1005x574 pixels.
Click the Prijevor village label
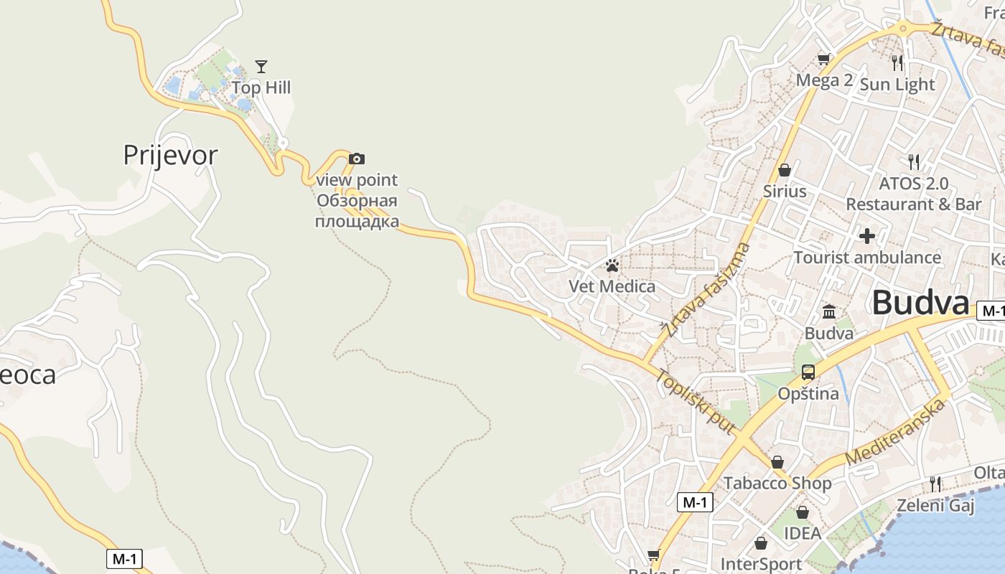pyautogui.click(x=170, y=155)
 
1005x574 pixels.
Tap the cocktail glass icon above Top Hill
pyautogui.click(x=261, y=67)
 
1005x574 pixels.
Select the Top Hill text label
pyautogui.click(x=261, y=88)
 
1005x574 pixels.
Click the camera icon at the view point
pyautogui.click(x=357, y=159)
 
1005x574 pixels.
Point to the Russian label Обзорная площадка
pyautogui.click(x=357, y=211)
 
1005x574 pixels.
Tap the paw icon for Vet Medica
pyautogui.click(x=612, y=266)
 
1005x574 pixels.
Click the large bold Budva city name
pyautogui.click(x=920, y=303)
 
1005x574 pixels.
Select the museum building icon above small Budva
pyautogui.click(x=829, y=312)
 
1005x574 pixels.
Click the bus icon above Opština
pyautogui.click(x=808, y=372)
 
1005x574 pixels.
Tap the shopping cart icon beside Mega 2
pyautogui.click(x=823, y=59)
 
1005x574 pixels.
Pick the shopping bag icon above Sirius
pyautogui.click(x=785, y=170)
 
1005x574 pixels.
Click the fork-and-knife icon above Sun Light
pyautogui.click(x=897, y=63)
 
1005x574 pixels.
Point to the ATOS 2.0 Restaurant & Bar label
pyautogui.click(x=913, y=194)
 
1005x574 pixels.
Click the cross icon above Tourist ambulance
pyautogui.click(x=867, y=235)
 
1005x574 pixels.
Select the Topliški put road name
pyautogui.click(x=695, y=402)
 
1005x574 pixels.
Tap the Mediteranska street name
pyautogui.click(x=896, y=433)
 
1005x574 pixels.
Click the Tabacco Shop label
pyautogui.click(x=777, y=483)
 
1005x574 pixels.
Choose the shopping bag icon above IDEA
pyautogui.click(x=803, y=512)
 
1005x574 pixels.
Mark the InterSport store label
pyautogui.click(x=761, y=564)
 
